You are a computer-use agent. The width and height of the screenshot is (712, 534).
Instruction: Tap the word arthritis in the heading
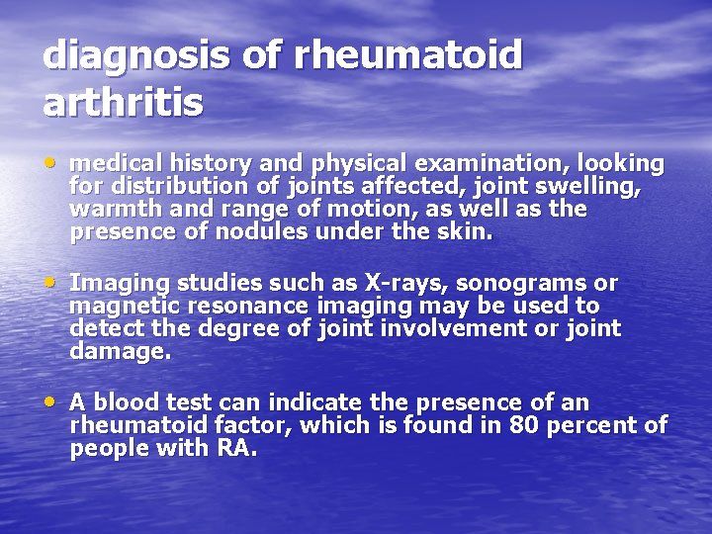124,102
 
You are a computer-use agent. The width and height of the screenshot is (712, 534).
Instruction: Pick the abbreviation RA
235,449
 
